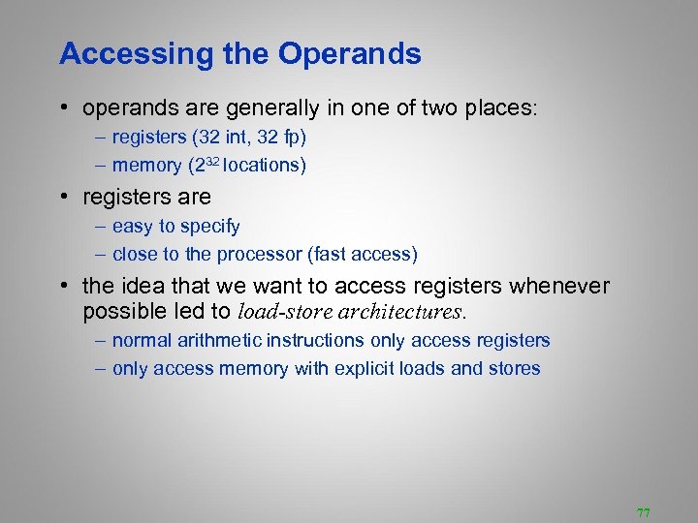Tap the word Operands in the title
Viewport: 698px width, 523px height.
(x=350, y=54)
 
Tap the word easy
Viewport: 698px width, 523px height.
(x=132, y=227)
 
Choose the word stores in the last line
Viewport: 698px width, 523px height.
(x=514, y=369)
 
